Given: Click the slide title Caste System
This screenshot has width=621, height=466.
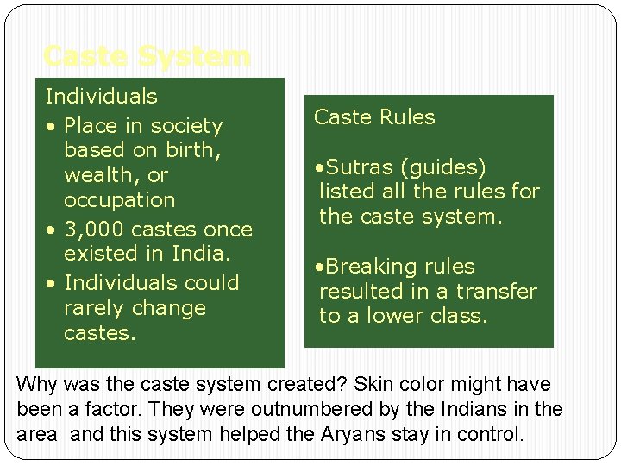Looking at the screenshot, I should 147,57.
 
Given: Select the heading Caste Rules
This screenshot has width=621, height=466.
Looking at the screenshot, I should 374,117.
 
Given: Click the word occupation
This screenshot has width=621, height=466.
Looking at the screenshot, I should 119,200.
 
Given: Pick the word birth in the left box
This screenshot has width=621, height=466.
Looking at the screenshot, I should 190,150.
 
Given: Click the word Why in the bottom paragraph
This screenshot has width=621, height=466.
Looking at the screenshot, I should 35,384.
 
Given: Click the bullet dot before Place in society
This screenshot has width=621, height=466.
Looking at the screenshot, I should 53,127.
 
